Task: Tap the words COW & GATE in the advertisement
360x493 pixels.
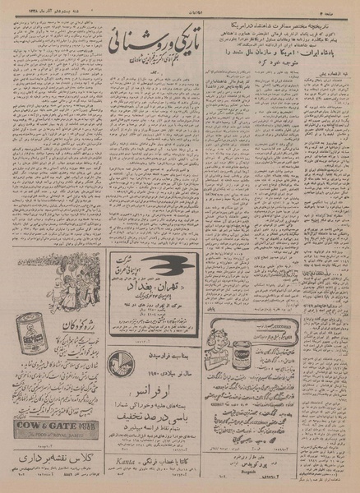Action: click(52, 427)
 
